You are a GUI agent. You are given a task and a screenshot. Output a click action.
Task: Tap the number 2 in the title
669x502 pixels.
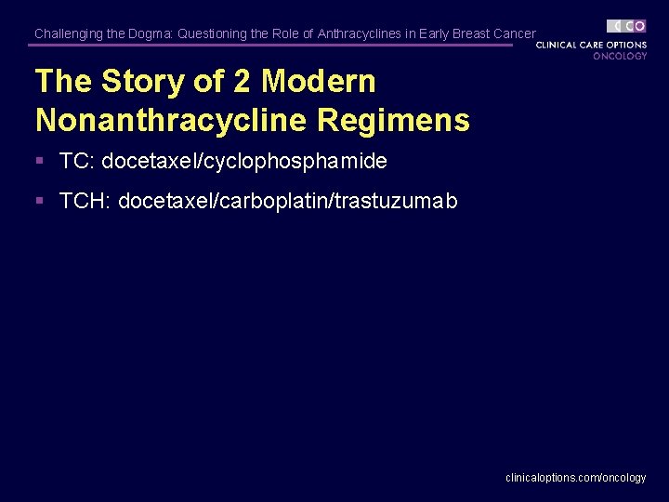point(242,82)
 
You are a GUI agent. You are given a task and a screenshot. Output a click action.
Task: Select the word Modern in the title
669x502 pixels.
point(319,82)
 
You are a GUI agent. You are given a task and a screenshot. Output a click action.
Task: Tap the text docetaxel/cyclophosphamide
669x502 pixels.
point(244,161)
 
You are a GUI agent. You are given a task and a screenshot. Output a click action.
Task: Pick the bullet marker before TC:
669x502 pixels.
point(40,161)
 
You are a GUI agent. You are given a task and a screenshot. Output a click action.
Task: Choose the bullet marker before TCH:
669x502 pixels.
point(40,201)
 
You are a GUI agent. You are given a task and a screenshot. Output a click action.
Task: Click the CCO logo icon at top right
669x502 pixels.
point(627,26)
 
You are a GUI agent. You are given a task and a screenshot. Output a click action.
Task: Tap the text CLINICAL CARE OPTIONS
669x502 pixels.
point(591,45)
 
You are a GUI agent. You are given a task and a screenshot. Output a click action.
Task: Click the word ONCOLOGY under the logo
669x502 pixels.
point(620,56)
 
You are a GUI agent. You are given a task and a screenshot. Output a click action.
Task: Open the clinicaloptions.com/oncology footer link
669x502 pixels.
point(575,477)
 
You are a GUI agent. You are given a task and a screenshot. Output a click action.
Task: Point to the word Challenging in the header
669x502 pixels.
point(68,33)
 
